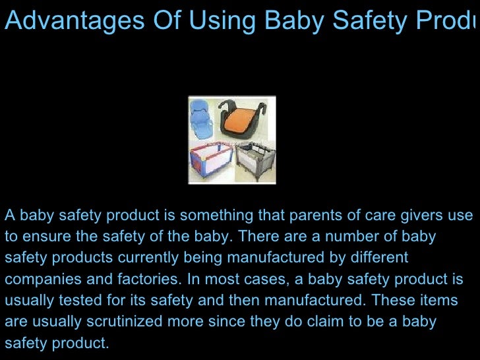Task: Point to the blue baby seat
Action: coord(205,119)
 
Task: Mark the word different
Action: coord(382,258)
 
